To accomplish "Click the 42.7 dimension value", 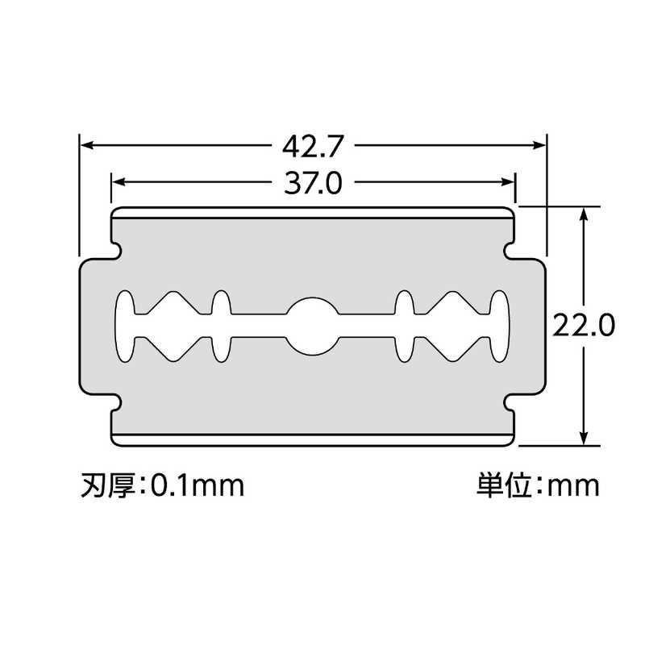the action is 313,146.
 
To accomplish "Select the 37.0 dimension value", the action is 313,183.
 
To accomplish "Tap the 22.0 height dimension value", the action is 583,325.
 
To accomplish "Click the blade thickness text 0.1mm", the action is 198,486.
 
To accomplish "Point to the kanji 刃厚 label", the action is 108,486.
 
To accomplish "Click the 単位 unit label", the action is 504,486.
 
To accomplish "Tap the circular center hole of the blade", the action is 313,326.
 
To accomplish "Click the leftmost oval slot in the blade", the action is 125,326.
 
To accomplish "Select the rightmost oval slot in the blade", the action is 500,326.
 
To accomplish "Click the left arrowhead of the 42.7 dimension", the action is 85,145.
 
